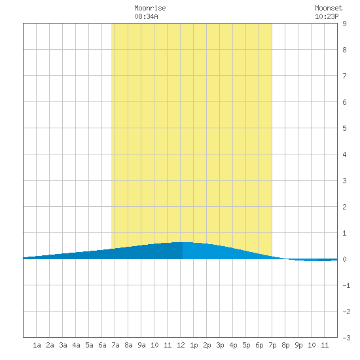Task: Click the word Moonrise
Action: pos(150,8)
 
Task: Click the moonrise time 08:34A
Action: pos(146,16)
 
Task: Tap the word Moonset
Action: pos(329,8)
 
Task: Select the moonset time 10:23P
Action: pos(327,16)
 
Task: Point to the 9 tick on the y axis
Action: pos(344,24)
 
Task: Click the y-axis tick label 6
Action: pos(344,102)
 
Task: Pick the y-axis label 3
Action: pos(344,181)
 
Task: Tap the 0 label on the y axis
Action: pos(344,259)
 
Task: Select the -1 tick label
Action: pos(346,285)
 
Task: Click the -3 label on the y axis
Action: pos(346,338)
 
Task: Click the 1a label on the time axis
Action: pos(37,345)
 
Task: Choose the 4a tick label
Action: pos(76,345)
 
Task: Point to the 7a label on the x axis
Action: pos(115,345)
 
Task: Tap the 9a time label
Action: pos(141,345)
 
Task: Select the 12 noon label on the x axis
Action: pos(181,345)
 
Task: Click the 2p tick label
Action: pos(207,345)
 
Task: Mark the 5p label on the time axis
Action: pos(246,345)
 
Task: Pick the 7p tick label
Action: pos(272,345)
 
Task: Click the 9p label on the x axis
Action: pos(298,345)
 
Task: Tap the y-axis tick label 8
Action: pos(344,50)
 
